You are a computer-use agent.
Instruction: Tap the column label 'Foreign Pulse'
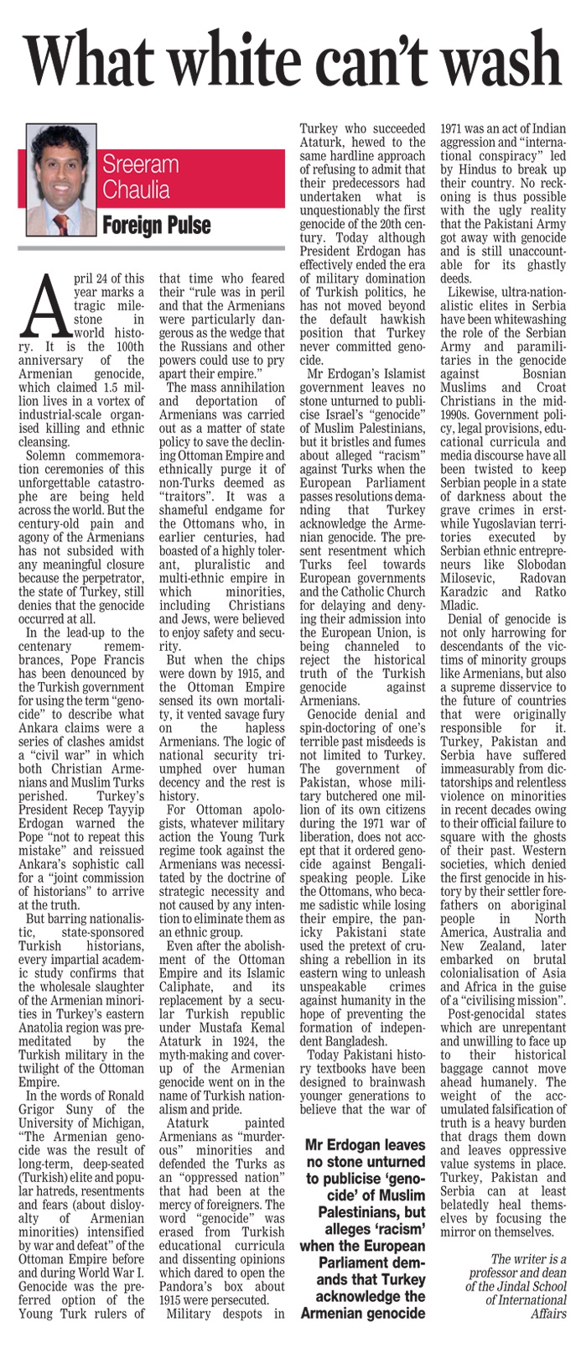[x=156, y=225]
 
